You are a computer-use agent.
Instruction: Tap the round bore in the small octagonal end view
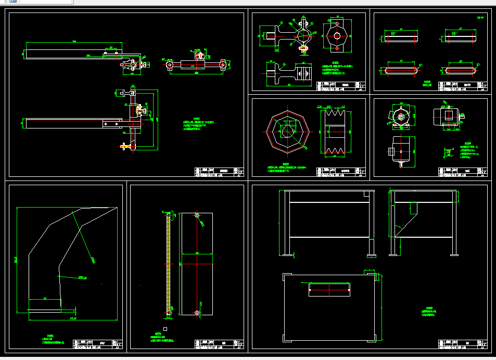[337, 35]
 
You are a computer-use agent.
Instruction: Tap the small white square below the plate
[165, 329]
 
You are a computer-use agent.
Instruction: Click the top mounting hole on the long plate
[197, 215]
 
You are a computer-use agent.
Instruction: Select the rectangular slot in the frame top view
[329, 289]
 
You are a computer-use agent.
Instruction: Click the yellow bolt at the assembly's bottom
[125, 147]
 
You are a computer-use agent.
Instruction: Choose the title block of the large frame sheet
[462, 344]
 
